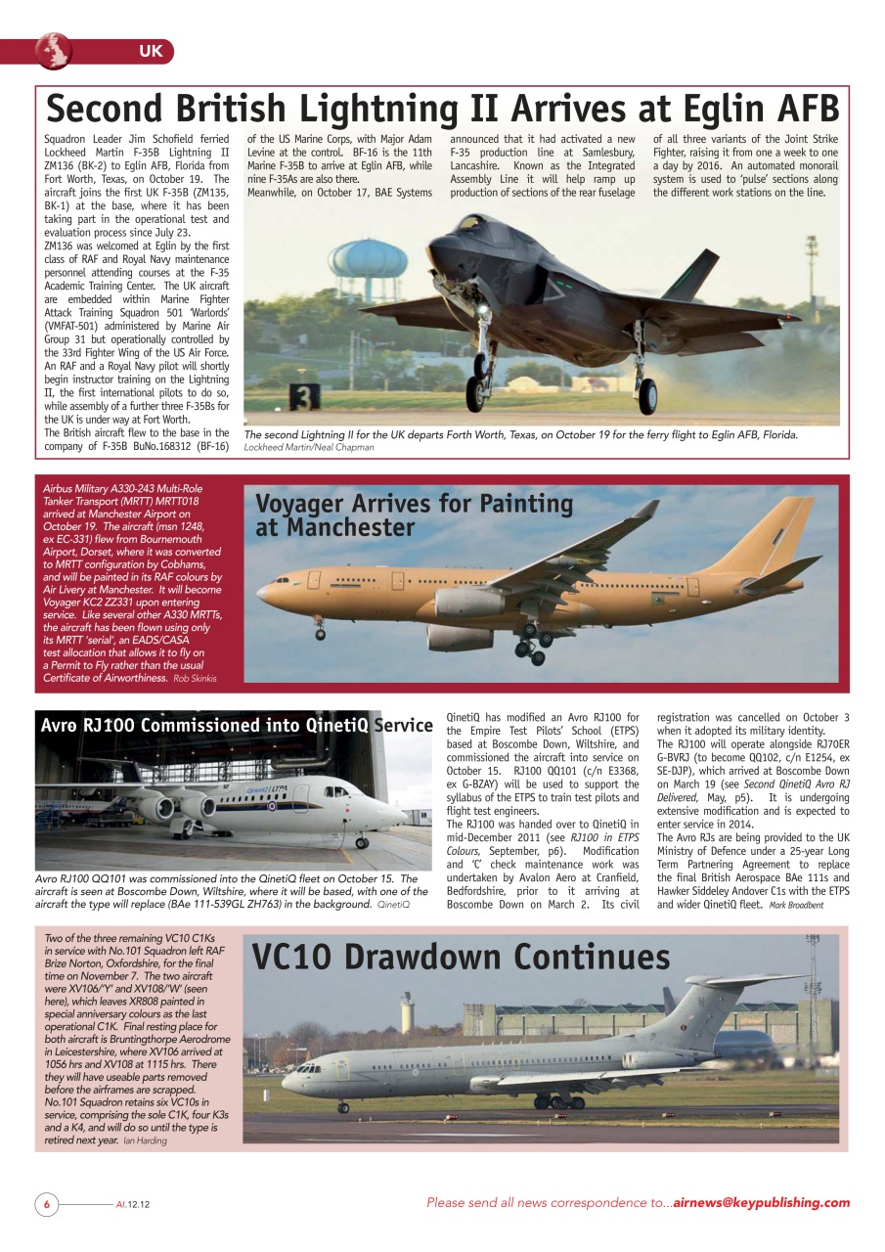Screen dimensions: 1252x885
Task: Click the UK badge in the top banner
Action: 151,51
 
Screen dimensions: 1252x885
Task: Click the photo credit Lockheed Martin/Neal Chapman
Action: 308,447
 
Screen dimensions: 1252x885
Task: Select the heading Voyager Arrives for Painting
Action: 414,505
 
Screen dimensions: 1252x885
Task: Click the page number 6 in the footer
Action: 45,1204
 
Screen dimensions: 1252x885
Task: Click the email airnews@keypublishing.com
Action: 762,1203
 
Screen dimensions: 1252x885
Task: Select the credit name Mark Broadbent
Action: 796,905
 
